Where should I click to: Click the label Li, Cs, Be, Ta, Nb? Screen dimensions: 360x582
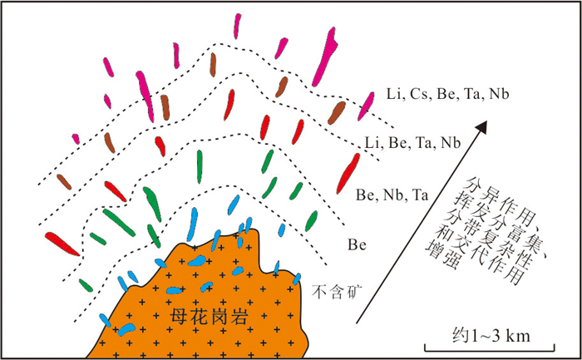(448, 95)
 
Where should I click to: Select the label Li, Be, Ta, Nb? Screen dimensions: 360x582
(413, 144)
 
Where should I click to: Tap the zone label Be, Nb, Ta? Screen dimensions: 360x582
(392, 196)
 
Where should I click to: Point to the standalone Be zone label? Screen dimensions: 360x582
(357, 246)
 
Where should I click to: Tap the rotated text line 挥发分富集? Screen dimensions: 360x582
(489, 218)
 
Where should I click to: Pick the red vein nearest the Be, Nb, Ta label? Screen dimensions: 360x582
(349, 172)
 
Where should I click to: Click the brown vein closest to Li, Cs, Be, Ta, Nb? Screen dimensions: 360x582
(338, 111)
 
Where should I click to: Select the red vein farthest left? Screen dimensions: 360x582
(63, 243)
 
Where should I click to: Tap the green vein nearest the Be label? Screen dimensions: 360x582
(312, 220)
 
